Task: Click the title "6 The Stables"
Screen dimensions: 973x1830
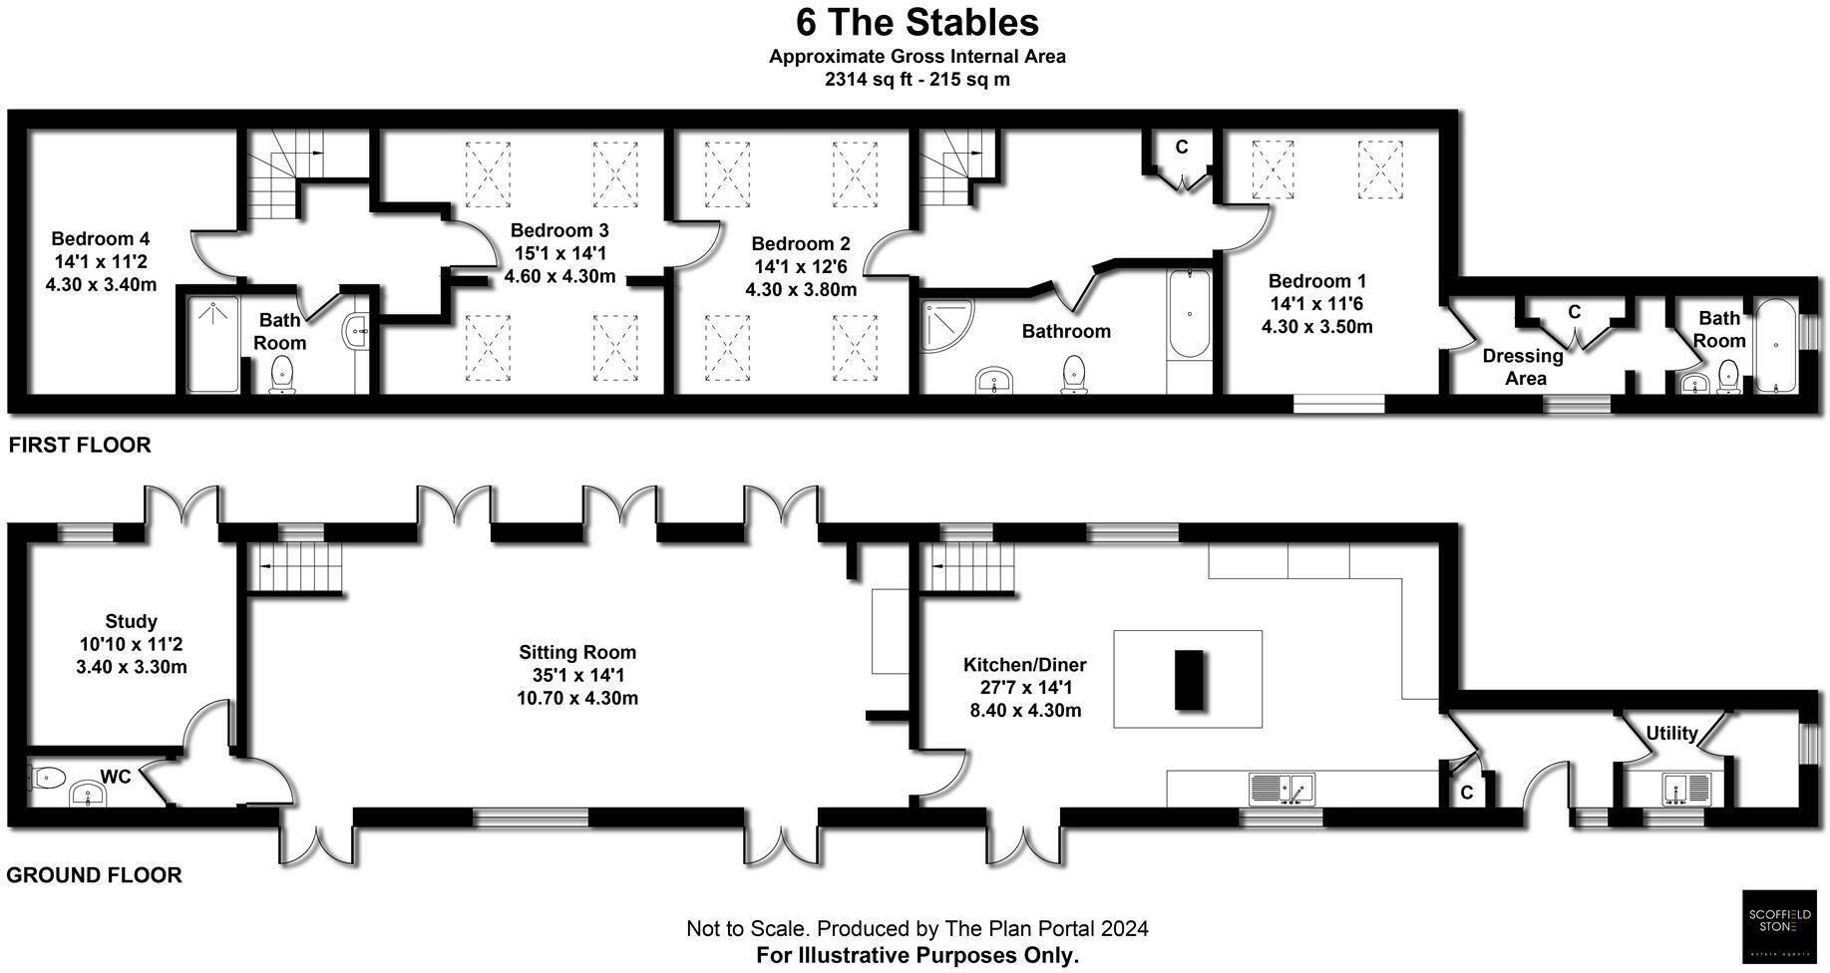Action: [x=916, y=23]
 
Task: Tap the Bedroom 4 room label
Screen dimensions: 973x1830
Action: [x=101, y=239]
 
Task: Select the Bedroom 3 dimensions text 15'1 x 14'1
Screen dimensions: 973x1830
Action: [x=559, y=253]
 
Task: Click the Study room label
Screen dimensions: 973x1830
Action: [x=132, y=621]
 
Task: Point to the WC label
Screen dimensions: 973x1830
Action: [x=116, y=778]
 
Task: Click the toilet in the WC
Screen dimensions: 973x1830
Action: [x=47, y=777]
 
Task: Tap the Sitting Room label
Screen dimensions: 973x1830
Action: [x=577, y=653]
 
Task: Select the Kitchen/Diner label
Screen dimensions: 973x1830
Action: [x=1024, y=665]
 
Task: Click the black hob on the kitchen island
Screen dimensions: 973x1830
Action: [x=1189, y=680]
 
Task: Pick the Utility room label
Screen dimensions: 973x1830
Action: [x=1671, y=734]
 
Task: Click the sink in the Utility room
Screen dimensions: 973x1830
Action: [x=1685, y=789]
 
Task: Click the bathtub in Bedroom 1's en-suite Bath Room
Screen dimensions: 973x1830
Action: [x=1775, y=346]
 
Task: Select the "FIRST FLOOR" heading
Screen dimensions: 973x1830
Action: [x=80, y=446]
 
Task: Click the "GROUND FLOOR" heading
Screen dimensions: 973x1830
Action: [x=95, y=876]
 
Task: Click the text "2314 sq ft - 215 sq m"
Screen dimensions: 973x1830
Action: [x=916, y=80]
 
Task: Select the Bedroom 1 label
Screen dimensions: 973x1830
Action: [x=1317, y=282]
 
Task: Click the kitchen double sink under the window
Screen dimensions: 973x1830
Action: [x=1282, y=789]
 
